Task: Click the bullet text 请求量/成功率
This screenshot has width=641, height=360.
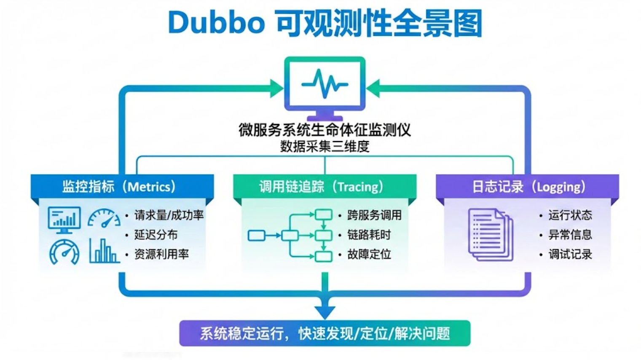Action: point(169,215)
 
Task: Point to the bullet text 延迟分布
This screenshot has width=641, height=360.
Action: point(156,235)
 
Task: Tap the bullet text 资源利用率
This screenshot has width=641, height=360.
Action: point(161,254)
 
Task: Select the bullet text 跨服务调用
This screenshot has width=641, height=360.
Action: point(374,215)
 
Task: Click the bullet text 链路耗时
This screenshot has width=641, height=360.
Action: point(369,235)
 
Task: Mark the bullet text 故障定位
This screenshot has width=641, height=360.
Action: point(369,254)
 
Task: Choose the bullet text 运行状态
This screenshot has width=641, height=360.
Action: point(570,215)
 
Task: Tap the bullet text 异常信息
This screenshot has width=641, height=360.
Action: point(570,235)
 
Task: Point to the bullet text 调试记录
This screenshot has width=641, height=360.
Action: point(570,254)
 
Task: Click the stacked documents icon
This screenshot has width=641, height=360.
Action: point(491,234)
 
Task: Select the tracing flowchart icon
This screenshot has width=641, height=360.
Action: point(291,235)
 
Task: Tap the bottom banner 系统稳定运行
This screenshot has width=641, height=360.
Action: point(325,333)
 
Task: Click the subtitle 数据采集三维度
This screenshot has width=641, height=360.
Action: point(325,147)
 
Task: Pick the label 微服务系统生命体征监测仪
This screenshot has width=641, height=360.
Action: point(325,130)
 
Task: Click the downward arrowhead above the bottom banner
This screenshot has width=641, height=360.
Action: point(325,312)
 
